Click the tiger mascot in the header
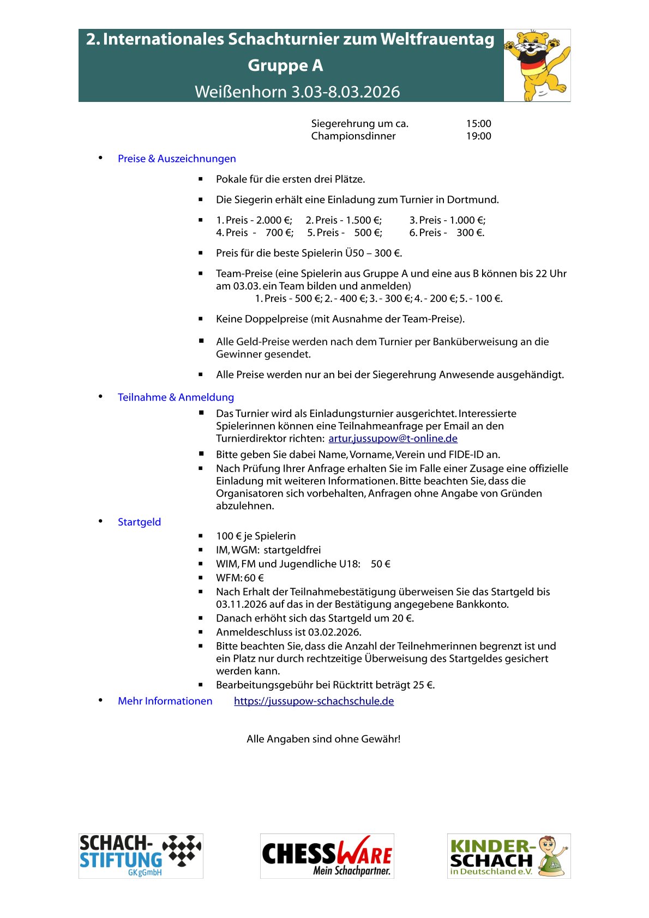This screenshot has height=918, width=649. click(x=537, y=65)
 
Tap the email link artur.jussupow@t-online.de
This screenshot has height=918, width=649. click(x=393, y=438)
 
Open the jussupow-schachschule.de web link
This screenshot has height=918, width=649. click(x=314, y=701)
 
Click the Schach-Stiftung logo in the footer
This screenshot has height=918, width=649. click(x=141, y=856)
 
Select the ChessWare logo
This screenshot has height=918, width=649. click(x=327, y=856)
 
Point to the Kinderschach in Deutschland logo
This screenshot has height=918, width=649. click(x=508, y=856)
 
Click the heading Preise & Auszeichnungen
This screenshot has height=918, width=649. click(x=177, y=159)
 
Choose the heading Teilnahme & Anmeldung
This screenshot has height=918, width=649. click(x=176, y=397)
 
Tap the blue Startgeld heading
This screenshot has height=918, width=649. click(x=139, y=522)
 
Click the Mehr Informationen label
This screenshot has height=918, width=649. click(x=165, y=701)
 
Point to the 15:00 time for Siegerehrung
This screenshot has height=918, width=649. click(x=478, y=124)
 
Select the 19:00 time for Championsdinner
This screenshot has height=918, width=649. click(x=478, y=136)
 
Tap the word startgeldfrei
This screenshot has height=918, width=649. click(x=292, y=550)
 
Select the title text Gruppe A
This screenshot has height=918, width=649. click(x=285, y=65)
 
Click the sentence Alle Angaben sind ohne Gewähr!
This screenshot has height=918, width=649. click(x=323, y=739)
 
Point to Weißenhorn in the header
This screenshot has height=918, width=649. click(x=240, y=92)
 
